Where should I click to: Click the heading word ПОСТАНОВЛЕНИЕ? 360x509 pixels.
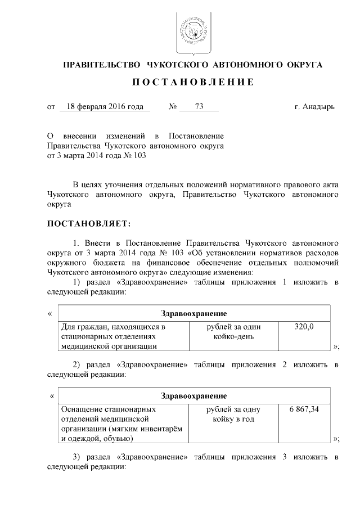193,83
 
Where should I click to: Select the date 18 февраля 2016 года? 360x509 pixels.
105,106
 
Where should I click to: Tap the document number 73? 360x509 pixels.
199,106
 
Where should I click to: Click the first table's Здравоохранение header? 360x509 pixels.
193,313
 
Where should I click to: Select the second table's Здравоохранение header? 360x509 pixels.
193,395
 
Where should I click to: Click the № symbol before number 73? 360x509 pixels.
173,106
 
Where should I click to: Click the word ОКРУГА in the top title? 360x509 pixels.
303,65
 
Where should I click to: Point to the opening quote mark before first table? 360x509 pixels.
51,313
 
